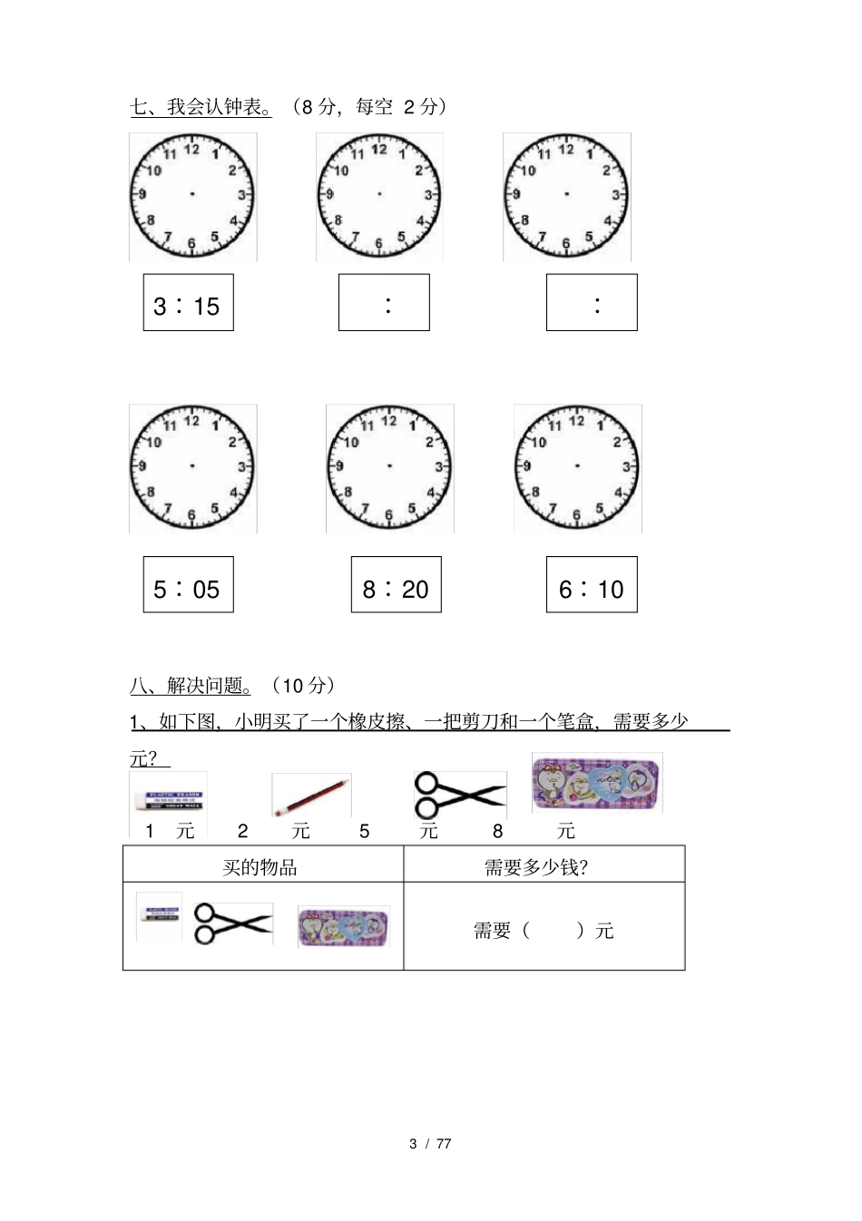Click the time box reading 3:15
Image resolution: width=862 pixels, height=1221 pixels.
coord(188,303)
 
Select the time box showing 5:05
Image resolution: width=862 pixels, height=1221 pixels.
coord(188,585)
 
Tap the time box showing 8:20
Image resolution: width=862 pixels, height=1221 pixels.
coord(396,585)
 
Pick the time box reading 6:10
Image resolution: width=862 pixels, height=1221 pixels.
coord(592,585)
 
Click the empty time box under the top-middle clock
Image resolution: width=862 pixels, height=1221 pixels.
coord(384,303)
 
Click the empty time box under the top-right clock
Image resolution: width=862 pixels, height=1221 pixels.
coord(592,303)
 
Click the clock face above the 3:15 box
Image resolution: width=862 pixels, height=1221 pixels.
coord(192,195)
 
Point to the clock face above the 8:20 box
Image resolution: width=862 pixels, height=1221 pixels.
coord(389,467)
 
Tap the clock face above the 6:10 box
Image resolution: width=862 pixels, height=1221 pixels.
coord(577,467)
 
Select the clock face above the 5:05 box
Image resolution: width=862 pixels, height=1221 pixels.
coord(192,467)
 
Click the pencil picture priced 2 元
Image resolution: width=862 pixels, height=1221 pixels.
coord(311,796)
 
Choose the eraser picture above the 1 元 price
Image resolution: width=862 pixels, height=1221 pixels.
coord(168,799)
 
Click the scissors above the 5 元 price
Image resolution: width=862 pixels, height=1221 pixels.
coord(458,795)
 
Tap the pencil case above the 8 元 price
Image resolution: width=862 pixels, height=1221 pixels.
coord(597,782)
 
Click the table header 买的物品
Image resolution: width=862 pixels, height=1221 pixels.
coord(260,867)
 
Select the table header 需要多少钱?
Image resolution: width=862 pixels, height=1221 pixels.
coord(535,867)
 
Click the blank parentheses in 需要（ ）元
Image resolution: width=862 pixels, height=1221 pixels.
coord(553,931)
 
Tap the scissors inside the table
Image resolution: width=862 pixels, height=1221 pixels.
coord(233,923)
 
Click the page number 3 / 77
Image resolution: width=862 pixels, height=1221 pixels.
coord(430,1144)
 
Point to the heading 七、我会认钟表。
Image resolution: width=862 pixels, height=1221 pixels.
coord(201,107)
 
